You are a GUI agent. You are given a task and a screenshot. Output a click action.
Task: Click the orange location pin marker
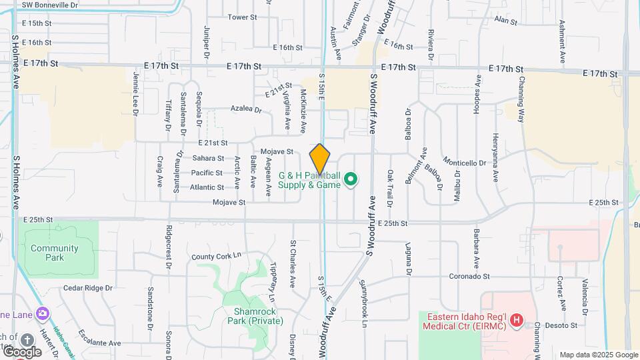coord(320,159)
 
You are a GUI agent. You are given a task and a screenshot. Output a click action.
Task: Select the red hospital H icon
coord(515,321)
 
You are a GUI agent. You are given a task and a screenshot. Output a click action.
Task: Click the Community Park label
coord(54,253)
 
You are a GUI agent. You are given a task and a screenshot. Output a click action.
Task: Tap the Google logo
coord(22,351)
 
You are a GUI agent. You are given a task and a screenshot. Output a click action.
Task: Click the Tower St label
coord(243,17)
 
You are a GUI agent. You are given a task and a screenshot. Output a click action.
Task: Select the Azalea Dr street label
coord(246,109)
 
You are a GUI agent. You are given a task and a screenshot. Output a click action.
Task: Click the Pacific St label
coord(207,173)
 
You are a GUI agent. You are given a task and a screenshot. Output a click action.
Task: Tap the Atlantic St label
coord(207,187)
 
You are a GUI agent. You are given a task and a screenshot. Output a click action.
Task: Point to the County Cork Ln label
coord(215,257)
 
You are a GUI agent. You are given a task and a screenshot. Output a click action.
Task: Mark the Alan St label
coord(505,21)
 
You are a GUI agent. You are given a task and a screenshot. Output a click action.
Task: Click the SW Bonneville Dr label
coord(49,5)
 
